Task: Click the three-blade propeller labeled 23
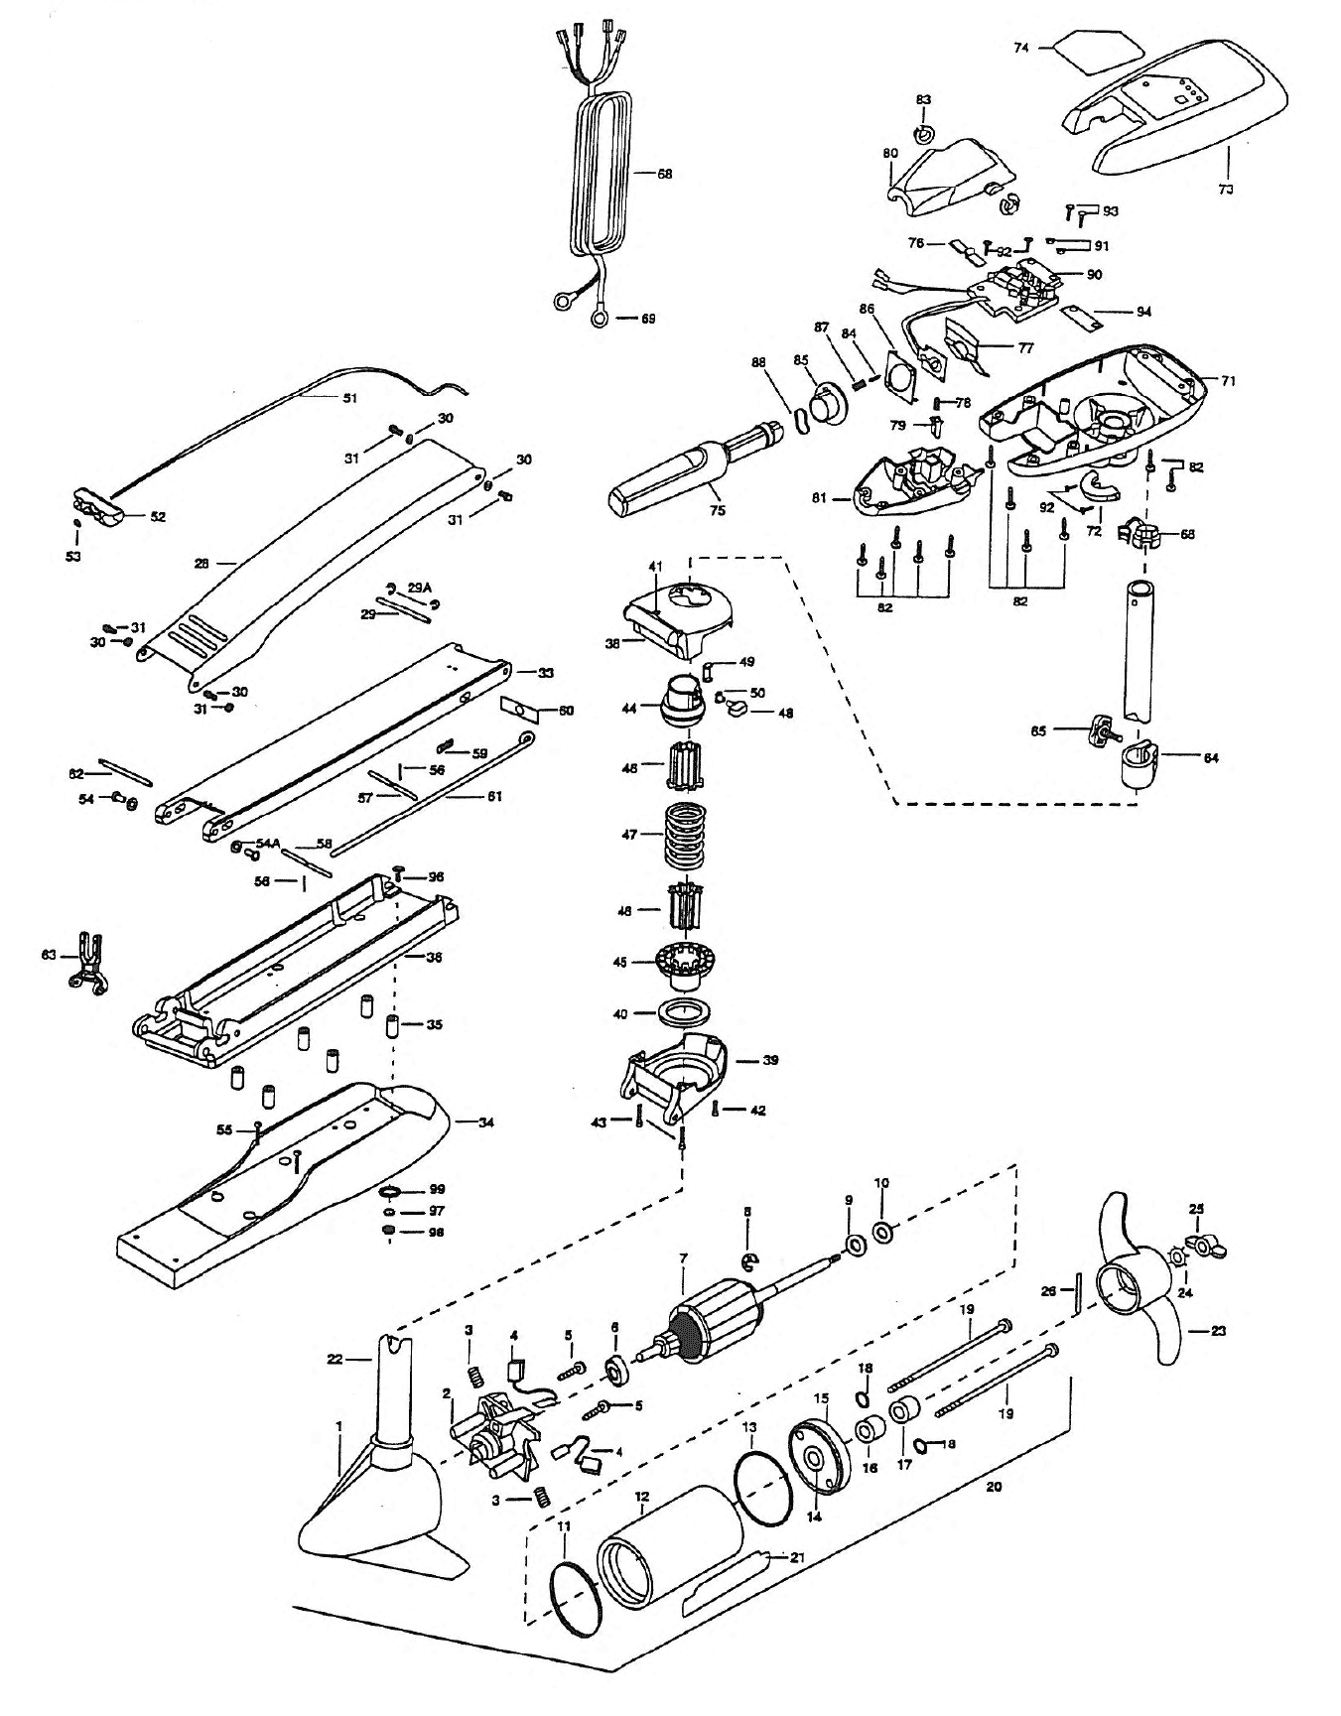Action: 1136,1291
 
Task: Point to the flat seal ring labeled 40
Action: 684,1014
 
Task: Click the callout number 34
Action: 486,1122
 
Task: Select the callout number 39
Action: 769,1060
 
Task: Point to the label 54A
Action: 267,843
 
